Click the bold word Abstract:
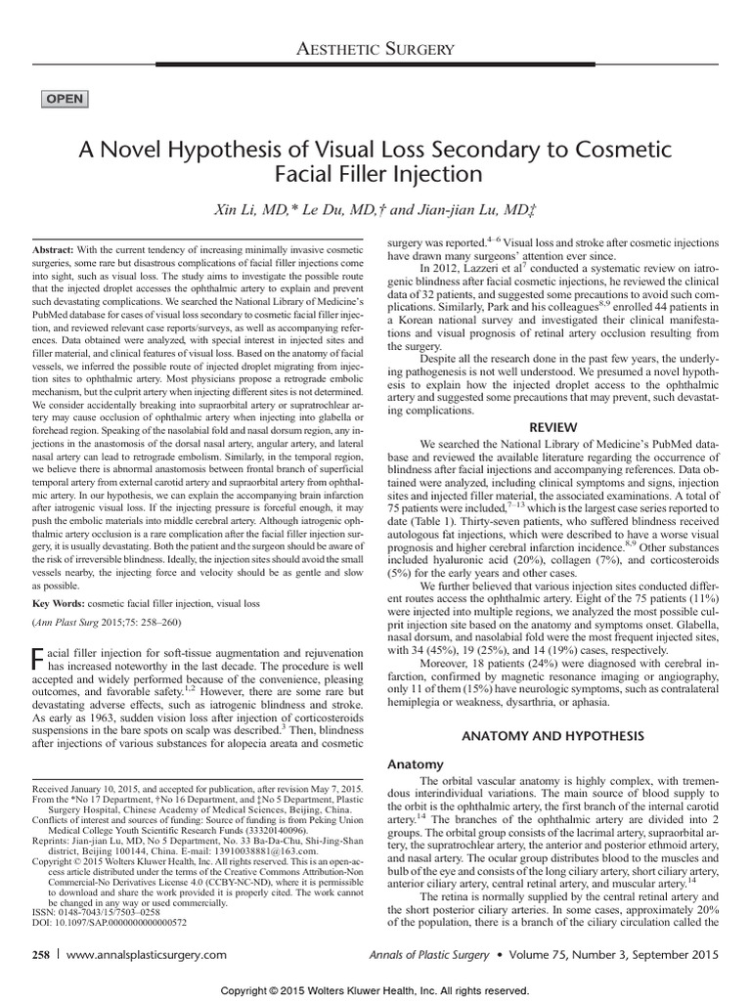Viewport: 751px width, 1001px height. tap(62, 249)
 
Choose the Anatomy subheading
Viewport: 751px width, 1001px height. tap(417, 763)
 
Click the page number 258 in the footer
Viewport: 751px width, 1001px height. tap(42, 955)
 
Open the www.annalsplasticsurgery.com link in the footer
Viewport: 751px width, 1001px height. tap(156, 955)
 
